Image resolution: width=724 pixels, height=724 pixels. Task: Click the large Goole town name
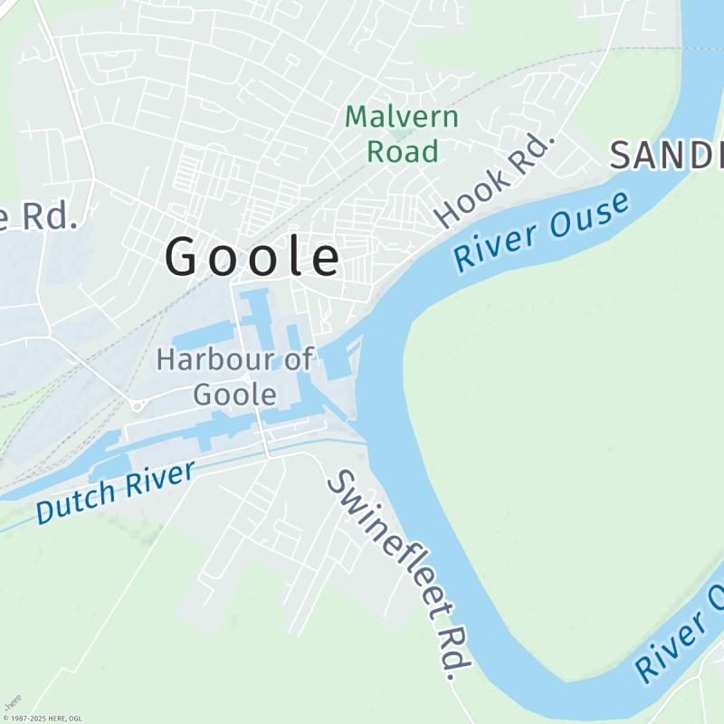[253, 257]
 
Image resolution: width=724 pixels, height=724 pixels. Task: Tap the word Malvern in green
[402, 118]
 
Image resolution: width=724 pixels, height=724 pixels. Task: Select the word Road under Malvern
[403, 150]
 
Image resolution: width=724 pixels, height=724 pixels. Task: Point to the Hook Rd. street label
[494, 179]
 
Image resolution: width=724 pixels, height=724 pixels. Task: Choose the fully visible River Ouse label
[541, 230]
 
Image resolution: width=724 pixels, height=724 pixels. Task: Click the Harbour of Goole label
[234, 376]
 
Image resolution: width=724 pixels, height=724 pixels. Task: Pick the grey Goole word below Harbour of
[234, 395]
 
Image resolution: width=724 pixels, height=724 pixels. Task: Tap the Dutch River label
[116, 492]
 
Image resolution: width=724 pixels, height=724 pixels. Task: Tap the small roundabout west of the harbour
[137, 405]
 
